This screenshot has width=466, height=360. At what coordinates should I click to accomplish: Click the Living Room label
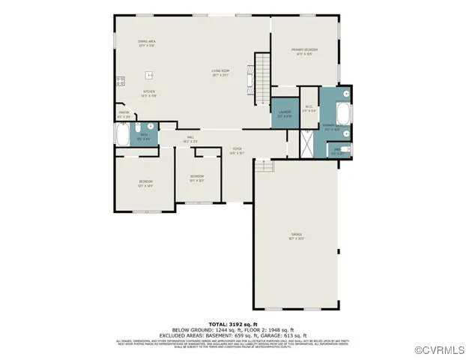pos(220,73)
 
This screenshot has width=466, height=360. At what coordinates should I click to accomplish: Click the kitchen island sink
pos(150,75)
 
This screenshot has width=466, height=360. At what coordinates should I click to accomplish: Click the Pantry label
pos(124,114)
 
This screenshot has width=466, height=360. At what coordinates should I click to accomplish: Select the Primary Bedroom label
pos(305,51)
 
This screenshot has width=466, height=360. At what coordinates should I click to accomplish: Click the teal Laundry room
pos(285,113)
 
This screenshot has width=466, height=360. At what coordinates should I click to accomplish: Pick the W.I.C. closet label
pos(308,107)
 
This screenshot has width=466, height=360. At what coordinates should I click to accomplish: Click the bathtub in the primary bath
pos(344,115)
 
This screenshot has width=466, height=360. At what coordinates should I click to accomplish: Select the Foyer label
pos(237,151)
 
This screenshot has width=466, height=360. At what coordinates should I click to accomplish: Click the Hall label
pos(190,139)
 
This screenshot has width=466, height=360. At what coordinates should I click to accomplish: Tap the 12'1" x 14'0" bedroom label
pos(145,184)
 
